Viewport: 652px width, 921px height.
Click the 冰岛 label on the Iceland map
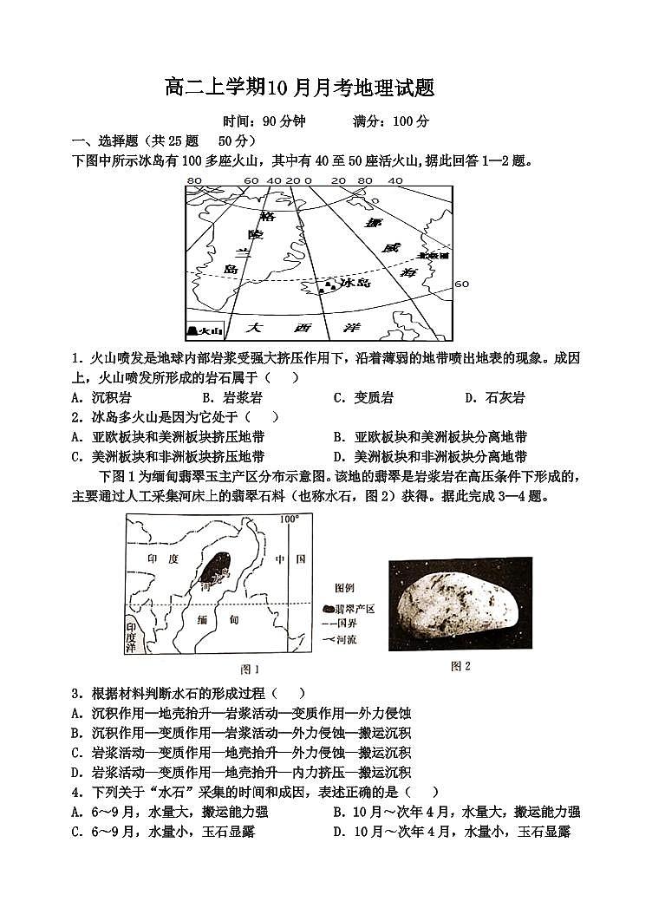(x=355, y=283)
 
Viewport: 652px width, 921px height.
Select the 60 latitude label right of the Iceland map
(x=461, y=284)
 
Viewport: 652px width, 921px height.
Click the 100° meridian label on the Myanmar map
(x=289, y=519)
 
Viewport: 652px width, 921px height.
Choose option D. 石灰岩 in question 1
(x=494, y=398)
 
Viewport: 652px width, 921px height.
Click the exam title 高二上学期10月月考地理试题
(x=298, y=88)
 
